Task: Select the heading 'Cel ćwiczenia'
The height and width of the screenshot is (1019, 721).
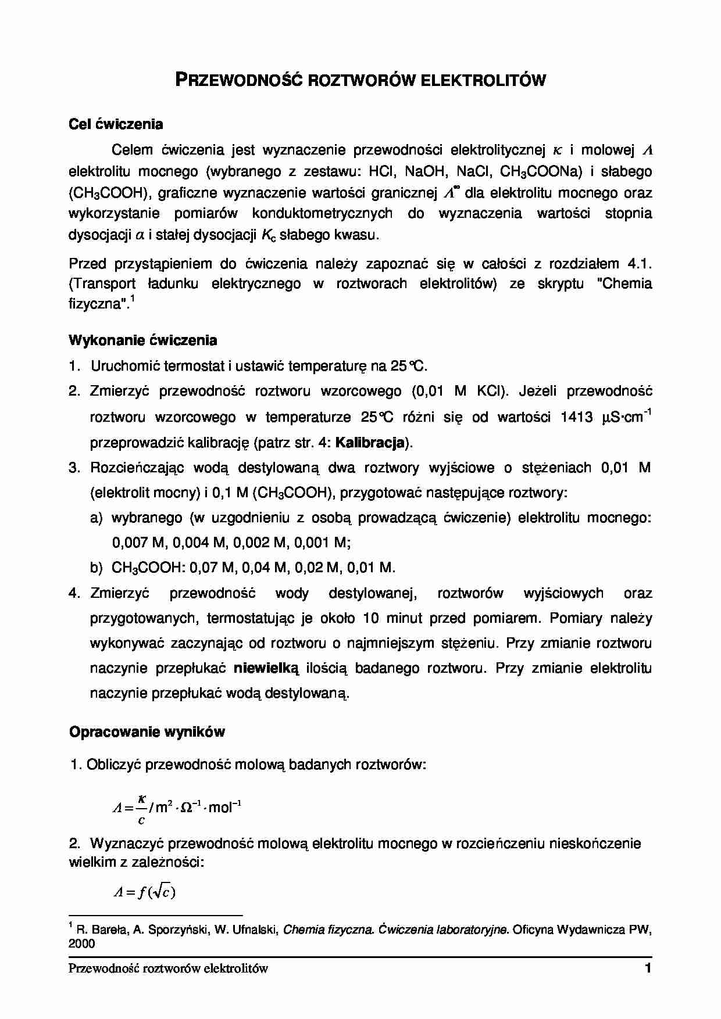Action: click(x=116, y=124)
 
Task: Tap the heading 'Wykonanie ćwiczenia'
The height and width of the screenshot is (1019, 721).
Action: click(x=143, y=340)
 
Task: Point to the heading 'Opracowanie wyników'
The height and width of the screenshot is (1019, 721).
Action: click(x=147, y=732)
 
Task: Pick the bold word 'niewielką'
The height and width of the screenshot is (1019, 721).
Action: click(x=266, y=668)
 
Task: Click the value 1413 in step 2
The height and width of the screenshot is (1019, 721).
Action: click(x=577, y=417)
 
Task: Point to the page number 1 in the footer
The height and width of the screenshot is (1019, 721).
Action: click(x=647, y=968)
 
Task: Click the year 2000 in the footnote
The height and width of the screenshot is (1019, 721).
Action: click(x=81, y=944)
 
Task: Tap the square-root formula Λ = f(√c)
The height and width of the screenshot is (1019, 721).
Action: click(x=144, y=892)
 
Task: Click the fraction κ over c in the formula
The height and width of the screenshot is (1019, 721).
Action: click(x=141, y=809)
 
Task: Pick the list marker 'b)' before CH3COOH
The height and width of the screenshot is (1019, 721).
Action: click(x=97, y=568)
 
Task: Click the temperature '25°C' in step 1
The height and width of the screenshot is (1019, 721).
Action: click(x=408, y=366)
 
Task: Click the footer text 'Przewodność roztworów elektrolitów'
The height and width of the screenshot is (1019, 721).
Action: click(x=168, y=968)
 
